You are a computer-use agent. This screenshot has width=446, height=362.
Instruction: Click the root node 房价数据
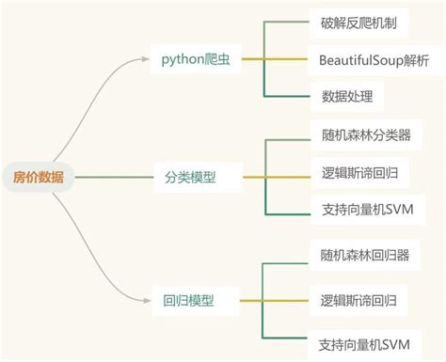[37, 176]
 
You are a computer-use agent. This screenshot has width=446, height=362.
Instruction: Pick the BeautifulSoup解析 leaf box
[374, 60]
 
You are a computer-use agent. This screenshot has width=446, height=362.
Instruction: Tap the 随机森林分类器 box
[366, 134]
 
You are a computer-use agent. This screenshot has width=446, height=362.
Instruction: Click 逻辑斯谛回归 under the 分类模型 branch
[359, 172]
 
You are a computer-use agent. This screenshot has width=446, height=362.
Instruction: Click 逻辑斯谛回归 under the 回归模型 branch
[359, 301]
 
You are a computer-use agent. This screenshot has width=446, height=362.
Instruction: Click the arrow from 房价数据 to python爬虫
[104, 89]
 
